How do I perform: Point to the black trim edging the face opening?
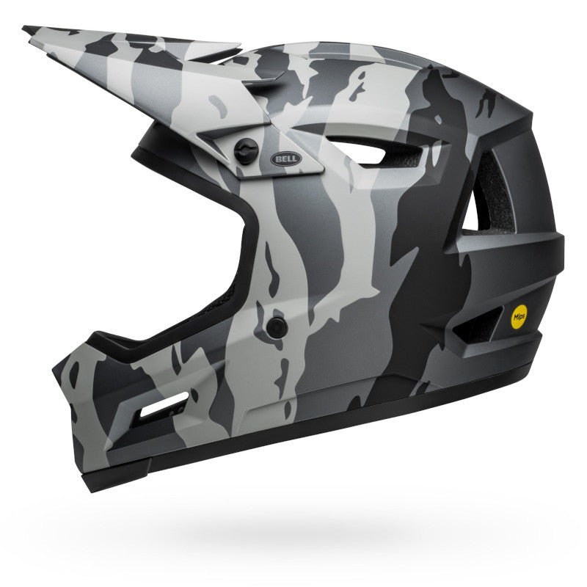[x=249, y=242]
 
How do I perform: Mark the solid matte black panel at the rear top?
[x=514, y=125]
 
